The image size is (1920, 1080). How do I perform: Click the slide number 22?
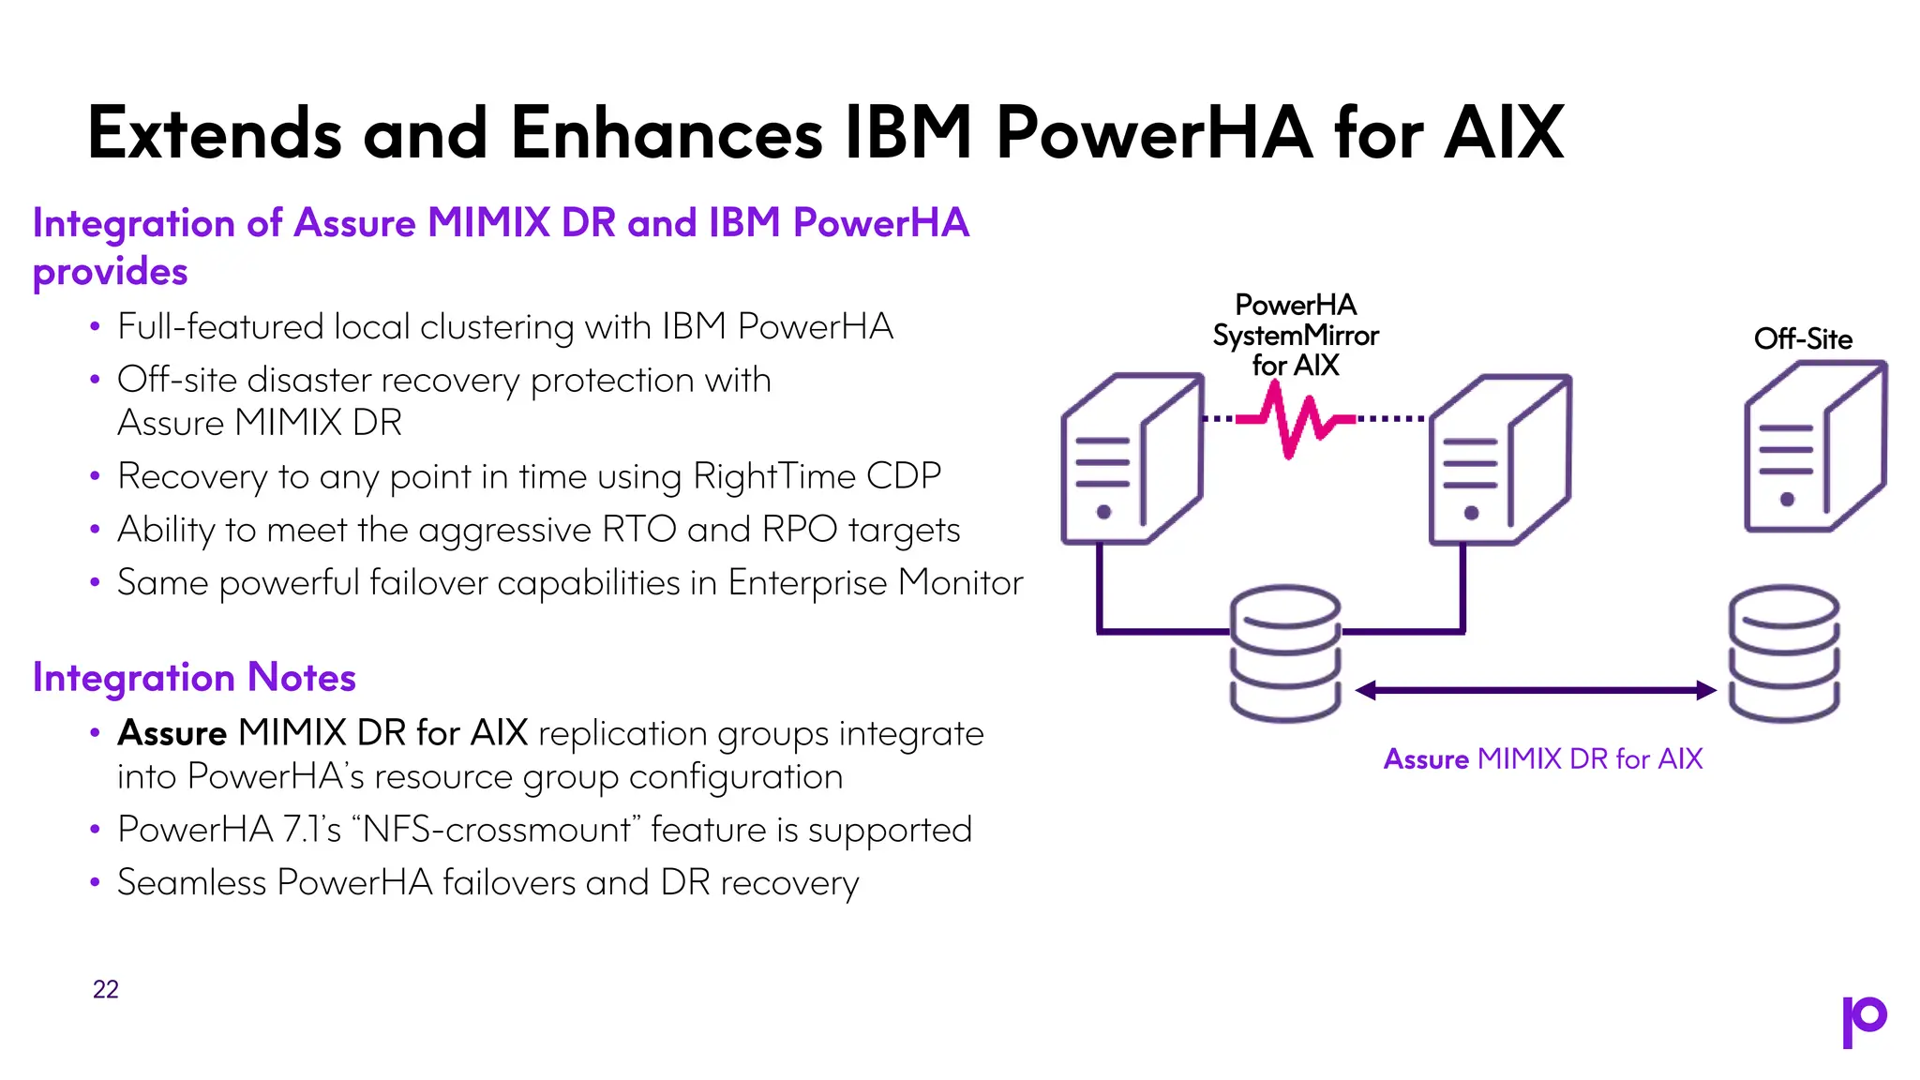click(x=105, y=989)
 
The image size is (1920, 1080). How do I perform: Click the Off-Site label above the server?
click(x=1802, y=338)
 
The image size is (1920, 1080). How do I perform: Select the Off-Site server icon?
click(x=1813, y=448)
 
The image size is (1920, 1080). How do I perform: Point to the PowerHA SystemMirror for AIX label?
click(x=1295, y=335)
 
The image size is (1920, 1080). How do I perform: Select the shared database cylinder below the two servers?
click(x=1284, y=653)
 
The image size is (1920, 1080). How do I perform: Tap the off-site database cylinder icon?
click(x=1782, y=653)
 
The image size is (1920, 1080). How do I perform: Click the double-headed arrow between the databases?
click(x=1536, y=691)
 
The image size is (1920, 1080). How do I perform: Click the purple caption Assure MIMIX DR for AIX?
click(x=1542, y=758)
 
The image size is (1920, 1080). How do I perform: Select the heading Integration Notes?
click(x=194, y=677)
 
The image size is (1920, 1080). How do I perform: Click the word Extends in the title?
click(x=215, y=133)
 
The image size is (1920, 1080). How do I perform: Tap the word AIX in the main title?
click(x=1504, y=133)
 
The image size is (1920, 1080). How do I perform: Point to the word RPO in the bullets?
click(x=799, y=530)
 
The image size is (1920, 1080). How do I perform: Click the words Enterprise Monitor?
click(x=875, y=583)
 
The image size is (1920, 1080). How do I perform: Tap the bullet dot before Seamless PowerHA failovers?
click(x=95, y=883)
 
